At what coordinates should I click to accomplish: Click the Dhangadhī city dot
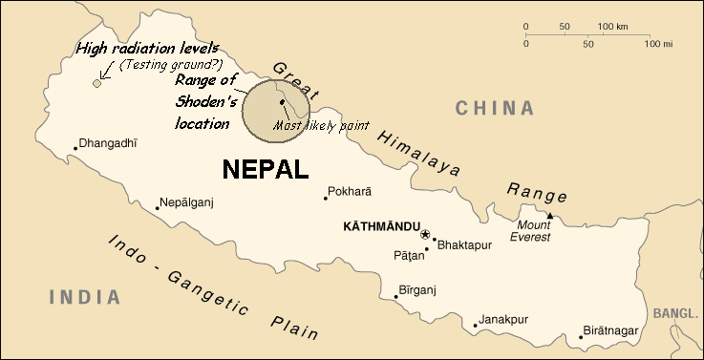[75, 147]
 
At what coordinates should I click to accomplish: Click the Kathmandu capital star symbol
[425, 233]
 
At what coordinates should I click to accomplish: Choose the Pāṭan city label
[407, 255]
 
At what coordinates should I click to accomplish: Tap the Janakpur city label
[502, 319]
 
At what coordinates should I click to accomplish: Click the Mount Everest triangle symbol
[549, 216]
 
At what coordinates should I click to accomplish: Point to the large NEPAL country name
[266, 170]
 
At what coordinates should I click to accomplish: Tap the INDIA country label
[85, 297]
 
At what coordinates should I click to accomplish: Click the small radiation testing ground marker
[96, 84]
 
